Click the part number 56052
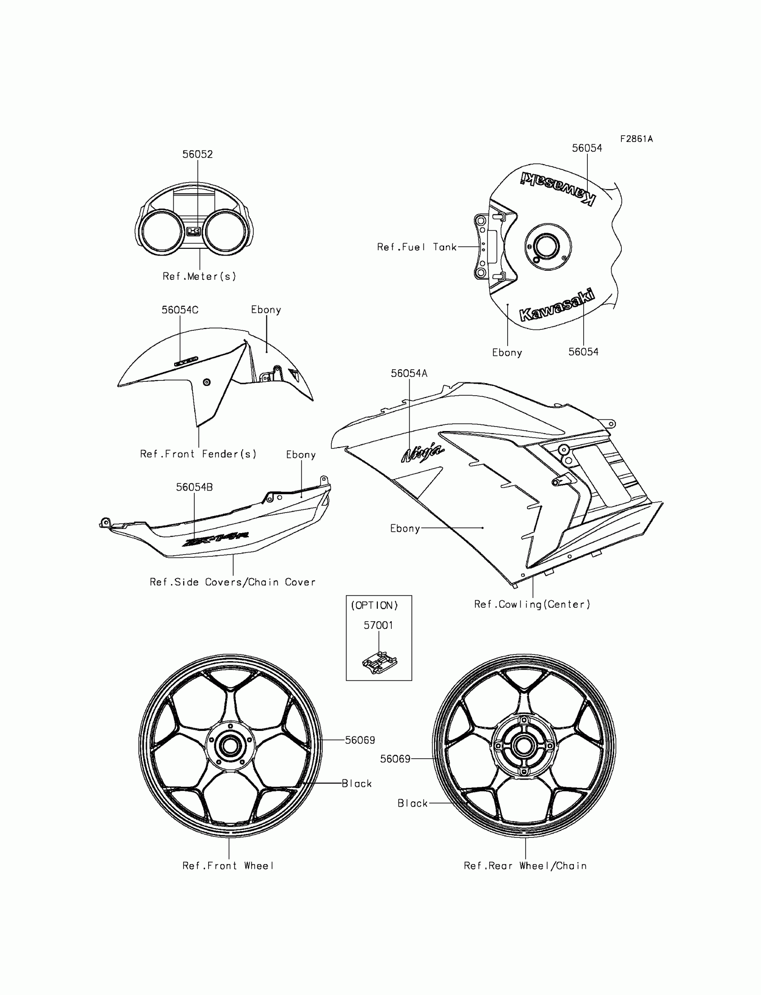coord(197,154)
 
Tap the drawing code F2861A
coord(636,139)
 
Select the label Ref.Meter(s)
coord(199,276)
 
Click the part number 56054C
coord(180,310)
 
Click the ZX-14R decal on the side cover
coord(215,539)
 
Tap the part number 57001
coord(378,625)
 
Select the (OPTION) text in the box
coord(374,606)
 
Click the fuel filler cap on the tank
coord(547,247)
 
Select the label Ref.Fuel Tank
coord(417,247)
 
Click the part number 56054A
coord(409,374)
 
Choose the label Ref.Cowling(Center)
coord(532,604)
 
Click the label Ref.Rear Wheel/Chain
coord(525,866)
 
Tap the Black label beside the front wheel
coord(357,784)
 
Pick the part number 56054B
coord(194,487)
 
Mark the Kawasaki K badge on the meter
coord(193,231)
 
